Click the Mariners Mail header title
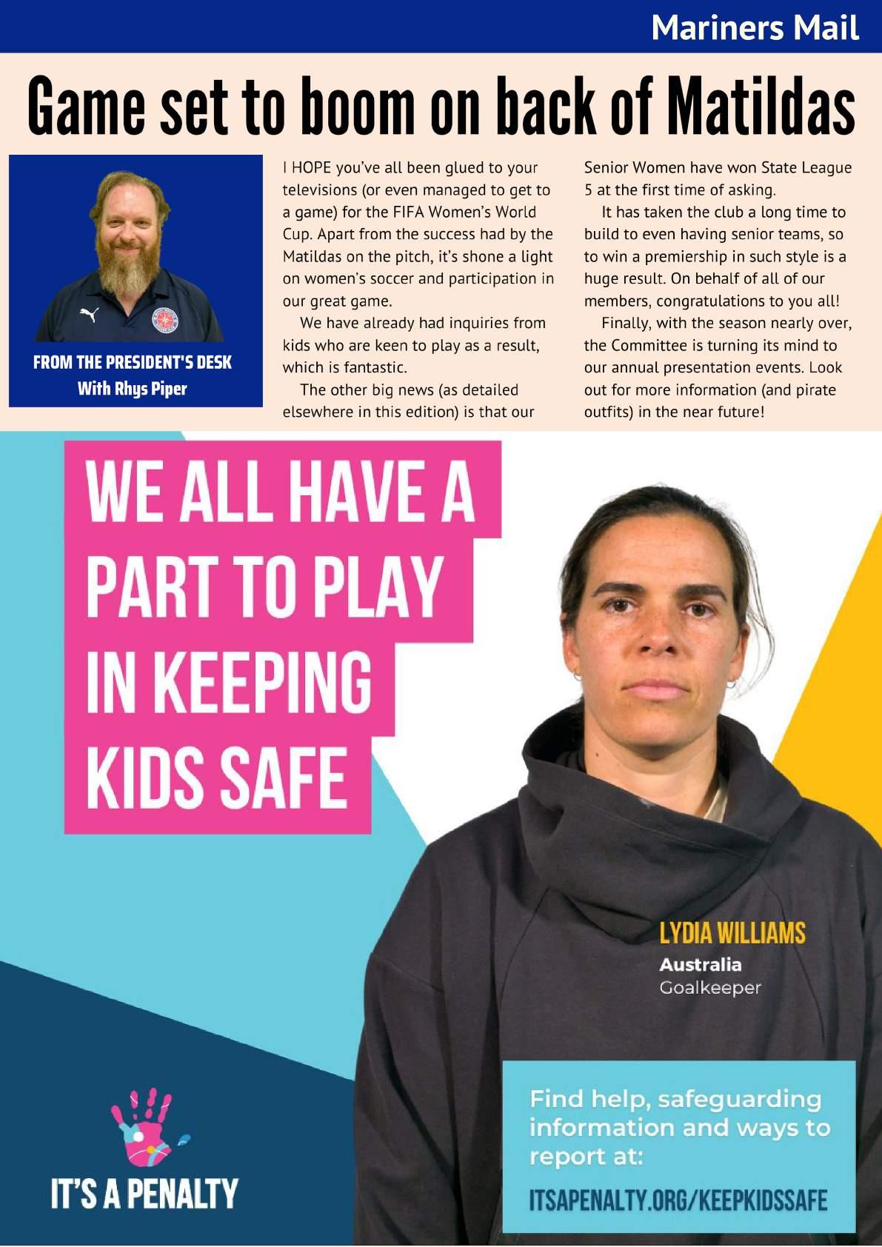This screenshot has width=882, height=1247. tap(755, 28)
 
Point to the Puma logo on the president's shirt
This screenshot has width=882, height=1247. tap(90, 315)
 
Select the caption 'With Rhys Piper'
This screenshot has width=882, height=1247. tap(133, 388)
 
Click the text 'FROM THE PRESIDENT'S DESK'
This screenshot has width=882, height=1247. tap(133, 362)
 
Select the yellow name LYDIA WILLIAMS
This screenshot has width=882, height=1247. tap(732, 933)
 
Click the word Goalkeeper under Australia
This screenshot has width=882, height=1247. tap(709, 988)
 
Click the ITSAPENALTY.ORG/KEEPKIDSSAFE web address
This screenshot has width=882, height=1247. tap(678, 1200)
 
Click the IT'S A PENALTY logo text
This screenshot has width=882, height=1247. tap(144, 1194)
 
